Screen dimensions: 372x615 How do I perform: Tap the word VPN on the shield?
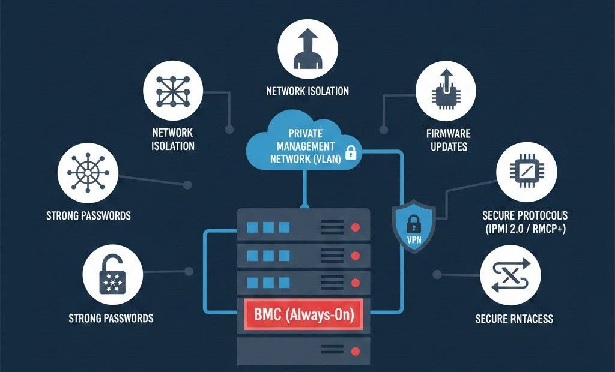click(414, 240)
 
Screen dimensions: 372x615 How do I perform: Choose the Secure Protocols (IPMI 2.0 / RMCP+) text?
click(525, 221)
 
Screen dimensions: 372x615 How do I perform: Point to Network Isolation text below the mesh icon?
click(173, 139)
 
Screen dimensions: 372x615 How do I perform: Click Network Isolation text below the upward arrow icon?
click(307, 91)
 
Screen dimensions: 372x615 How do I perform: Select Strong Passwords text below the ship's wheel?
click(88, 215)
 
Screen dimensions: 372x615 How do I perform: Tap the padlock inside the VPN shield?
click(414, 225)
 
